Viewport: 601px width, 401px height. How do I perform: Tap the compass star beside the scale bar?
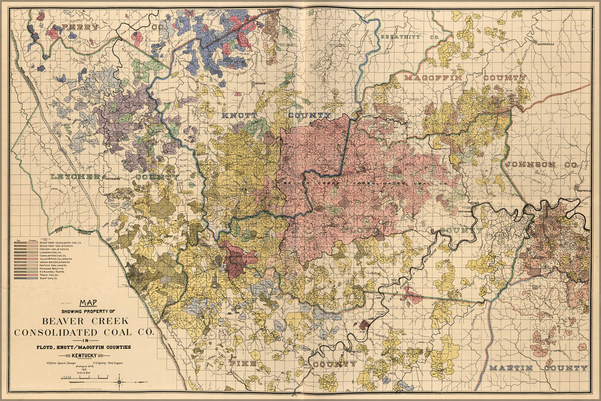(119, 380)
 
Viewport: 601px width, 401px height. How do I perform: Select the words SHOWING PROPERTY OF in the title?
(88, 311)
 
